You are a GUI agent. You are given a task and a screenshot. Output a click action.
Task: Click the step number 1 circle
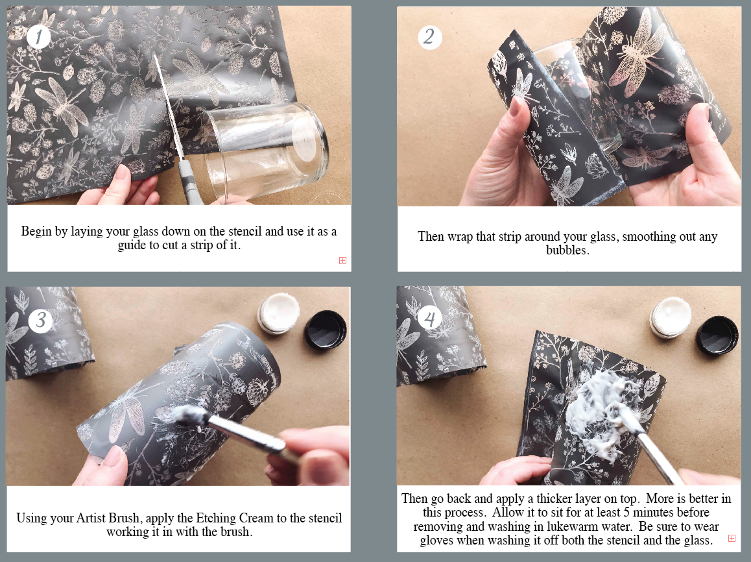click(x=38, y=36)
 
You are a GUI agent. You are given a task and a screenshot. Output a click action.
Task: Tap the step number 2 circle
click(x=429, y=37)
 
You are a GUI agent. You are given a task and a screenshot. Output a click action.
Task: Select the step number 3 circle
click(x=41, y=320)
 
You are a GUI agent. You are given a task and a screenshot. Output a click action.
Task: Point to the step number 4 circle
click(x=430, y=318)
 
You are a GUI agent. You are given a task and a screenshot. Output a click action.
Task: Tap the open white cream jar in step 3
click(x=279, y=313)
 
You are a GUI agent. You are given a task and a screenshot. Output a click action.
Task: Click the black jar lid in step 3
click(x=326, y=328)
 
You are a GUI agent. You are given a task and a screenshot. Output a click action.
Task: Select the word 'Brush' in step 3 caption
click(x=124, y=518)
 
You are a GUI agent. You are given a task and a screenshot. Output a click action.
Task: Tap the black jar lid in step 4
click(x=717, y=336)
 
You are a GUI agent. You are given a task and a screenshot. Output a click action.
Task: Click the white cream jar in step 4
click(x=671, y=317)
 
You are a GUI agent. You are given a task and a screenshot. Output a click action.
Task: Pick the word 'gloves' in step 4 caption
click(x=436, y=541)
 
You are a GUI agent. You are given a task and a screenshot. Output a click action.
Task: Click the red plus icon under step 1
click(x=342, y=261)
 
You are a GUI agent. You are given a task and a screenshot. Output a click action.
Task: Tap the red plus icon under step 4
click(x=732, y=539)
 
